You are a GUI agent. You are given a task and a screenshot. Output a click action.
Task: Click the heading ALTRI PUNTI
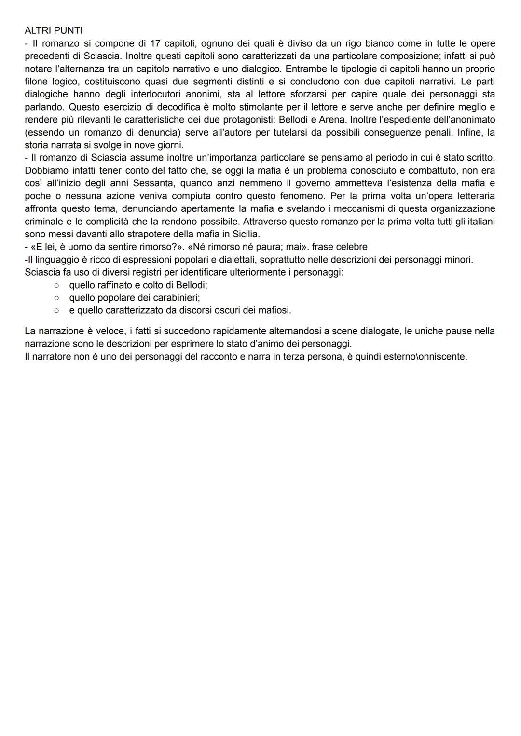(x=54, y=31)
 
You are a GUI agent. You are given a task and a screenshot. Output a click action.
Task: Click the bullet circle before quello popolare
(x=56, y=298)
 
